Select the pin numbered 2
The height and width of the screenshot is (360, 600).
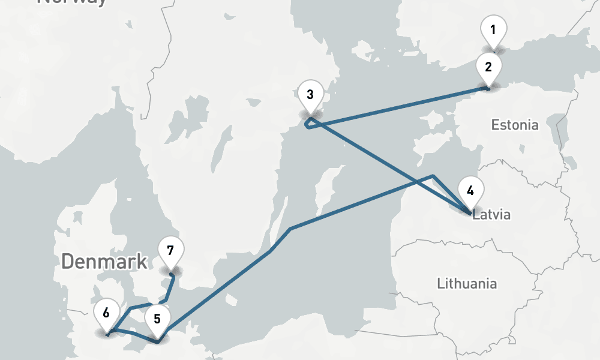[488, 67]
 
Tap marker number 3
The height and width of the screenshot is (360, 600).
[310, 95]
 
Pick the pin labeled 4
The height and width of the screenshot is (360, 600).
[470, 192]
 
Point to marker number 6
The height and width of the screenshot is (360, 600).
[106, 314]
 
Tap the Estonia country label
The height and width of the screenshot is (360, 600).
[515, 125]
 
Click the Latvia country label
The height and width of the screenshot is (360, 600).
[492, 214]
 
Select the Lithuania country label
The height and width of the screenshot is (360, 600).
[467, 283]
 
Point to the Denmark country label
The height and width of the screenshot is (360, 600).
[104, 261]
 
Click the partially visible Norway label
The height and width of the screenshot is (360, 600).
[72, 2]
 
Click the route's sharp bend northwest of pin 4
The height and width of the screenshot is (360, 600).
[433, 176]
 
